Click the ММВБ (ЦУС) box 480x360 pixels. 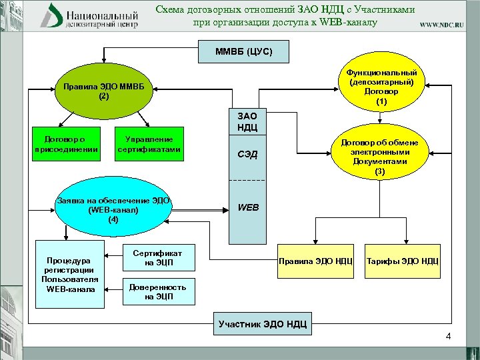click(x=243, y=51)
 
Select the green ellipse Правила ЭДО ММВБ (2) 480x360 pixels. click(x=103, y=91)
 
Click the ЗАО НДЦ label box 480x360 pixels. click(x=247, y=121)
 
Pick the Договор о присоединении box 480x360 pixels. click(x=67, y=143)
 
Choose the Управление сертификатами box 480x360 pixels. click(x=149, y=143)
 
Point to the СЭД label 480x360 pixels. click(x=247, y=155)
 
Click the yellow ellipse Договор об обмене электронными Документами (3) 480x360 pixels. click(x=379, y=156)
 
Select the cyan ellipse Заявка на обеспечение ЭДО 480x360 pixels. click(x=113, y=209)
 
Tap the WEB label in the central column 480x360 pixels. click(x=248, y=207)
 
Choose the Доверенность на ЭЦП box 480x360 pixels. click(x=158, y=291)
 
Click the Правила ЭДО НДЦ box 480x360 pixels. click(x=315, y=260)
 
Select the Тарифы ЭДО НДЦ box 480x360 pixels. click(x=402, y=260)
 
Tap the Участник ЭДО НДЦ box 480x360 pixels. click(x=263, y=325)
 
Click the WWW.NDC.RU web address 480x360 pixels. click(x=441, y=24)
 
